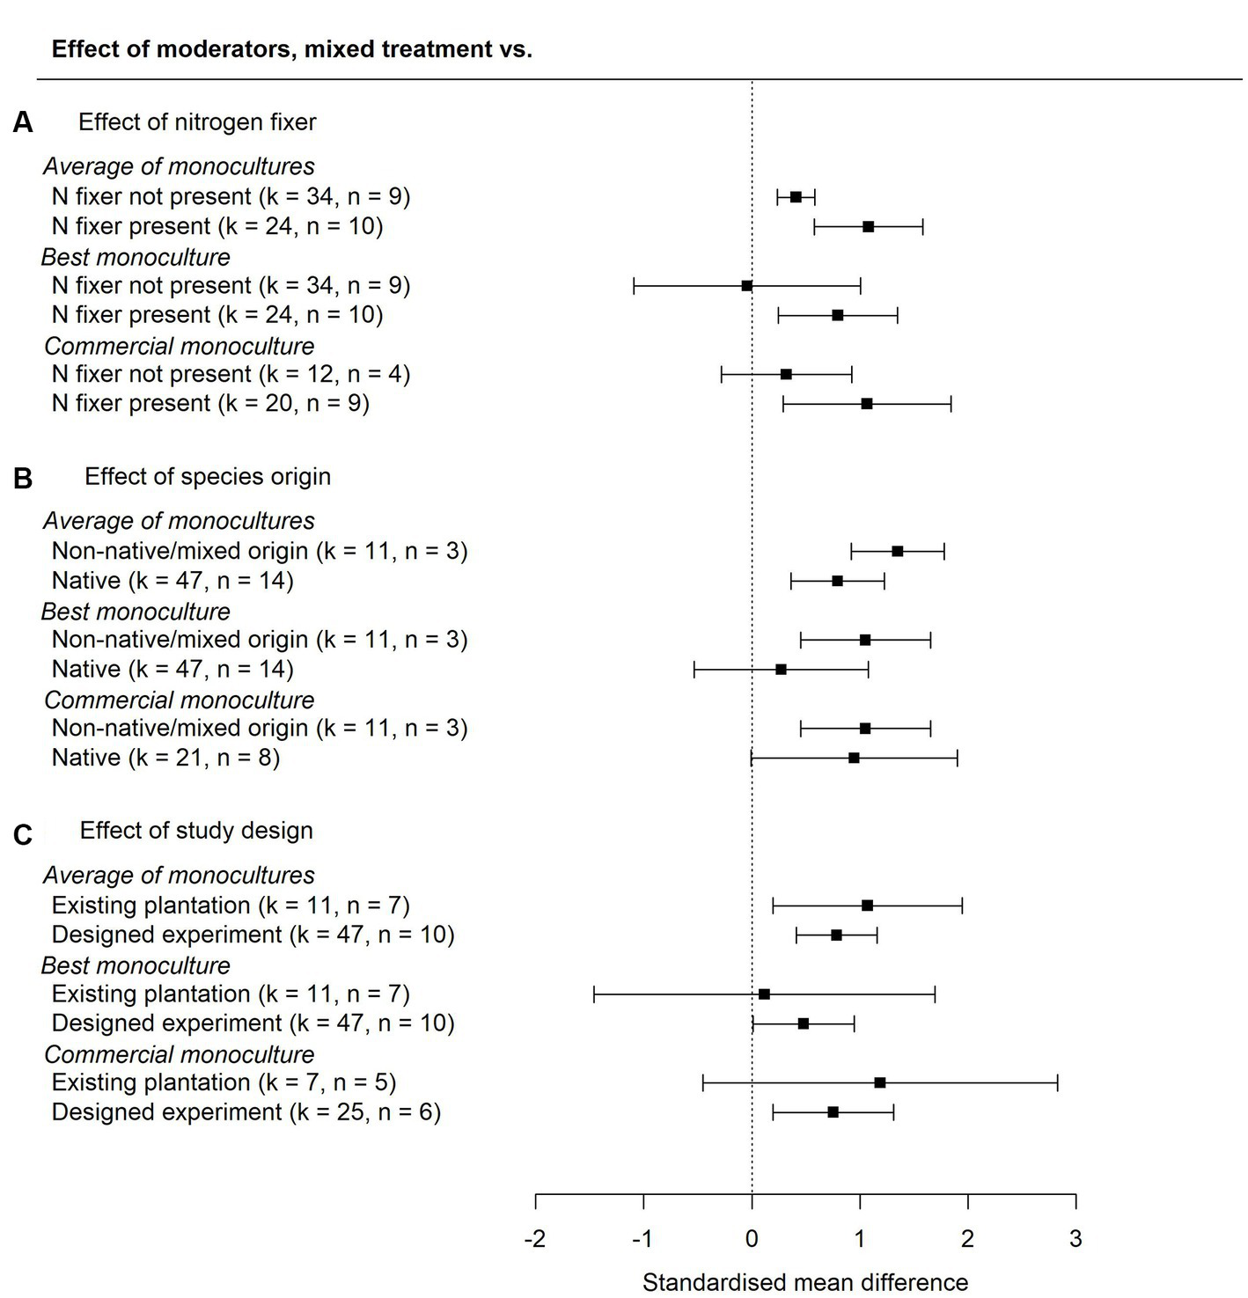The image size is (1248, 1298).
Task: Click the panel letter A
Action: (x=23, y=123)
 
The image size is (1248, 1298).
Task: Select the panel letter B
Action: (x=23, y=478)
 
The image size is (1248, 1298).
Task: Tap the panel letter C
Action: (x=23, y=833)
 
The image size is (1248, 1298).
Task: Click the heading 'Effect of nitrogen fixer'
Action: (x=197, y=122)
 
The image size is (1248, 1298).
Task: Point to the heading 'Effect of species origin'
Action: (x=208, y=477)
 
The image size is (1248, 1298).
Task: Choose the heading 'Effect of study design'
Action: (x=196, y=831)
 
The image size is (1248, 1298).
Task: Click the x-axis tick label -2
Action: (x=534, y=1239)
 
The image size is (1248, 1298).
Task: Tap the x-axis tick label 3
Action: (x=1075, y=1239)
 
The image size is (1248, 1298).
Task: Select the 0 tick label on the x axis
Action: (x=751, y=1239)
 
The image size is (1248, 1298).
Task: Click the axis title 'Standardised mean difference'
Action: (x=804, y=1282)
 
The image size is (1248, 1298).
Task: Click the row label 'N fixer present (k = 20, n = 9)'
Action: (x=210, y=403)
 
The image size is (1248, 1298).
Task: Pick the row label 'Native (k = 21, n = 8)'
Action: (x=165, y=758)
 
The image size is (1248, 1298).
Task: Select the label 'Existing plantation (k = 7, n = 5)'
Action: (x=224, y=1082)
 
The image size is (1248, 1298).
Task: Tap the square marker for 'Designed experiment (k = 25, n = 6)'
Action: (x=833, y=1112)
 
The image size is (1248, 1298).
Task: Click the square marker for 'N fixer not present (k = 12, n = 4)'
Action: (x=786, y=374)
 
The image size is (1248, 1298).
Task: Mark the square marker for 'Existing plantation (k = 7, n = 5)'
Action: (x=879, y=1082)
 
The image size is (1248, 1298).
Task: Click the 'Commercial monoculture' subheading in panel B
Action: (x=179, y=700)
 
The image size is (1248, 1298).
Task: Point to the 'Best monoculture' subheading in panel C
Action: (x=136, y=965)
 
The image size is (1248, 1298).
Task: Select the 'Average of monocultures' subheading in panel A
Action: (x=179, y=166)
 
